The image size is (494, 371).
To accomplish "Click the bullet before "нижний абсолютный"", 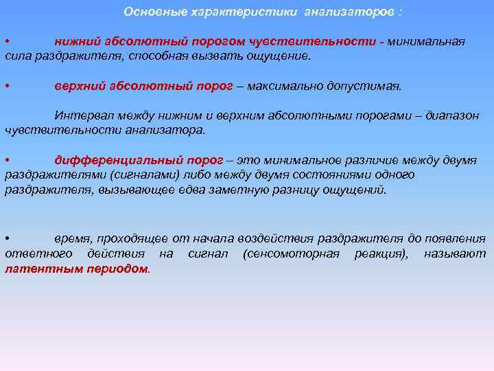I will pos(6,42).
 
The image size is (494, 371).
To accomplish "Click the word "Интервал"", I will pos(81,115).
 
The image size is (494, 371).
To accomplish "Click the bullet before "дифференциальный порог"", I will pos(6,160).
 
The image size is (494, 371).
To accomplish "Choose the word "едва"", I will pos(210,189).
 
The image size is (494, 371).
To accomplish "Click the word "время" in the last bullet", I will pos(72,238).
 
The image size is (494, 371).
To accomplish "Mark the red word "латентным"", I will pos(35,269).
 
